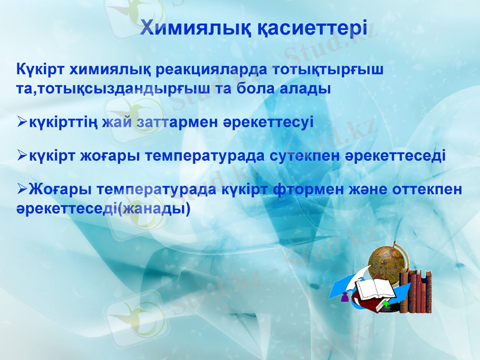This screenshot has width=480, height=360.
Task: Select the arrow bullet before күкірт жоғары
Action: (22, 157)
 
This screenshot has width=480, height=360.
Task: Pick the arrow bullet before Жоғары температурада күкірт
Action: (22, 190)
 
